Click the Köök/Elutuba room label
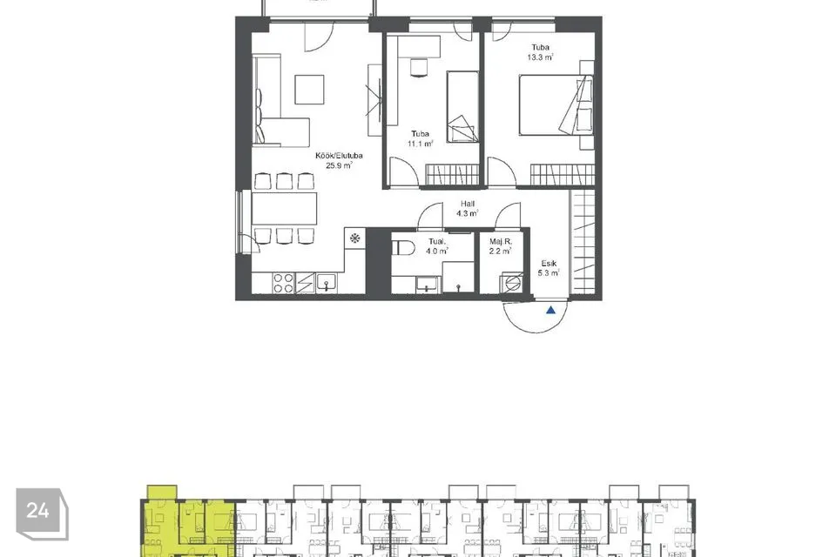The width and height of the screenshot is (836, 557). [339, 156]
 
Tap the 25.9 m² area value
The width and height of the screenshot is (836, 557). [339, 165]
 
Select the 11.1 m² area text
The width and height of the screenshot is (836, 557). [420, 144]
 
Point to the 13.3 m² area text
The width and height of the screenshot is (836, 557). [540, 57]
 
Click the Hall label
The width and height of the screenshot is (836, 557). [468, 204]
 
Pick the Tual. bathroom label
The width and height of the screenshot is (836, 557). [436, 241]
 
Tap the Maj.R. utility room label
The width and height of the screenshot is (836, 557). [501, 241]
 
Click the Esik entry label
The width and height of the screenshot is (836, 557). [549, 264]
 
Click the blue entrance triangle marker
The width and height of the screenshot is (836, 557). [550, 310]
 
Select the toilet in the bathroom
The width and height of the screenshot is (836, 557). [403, 248]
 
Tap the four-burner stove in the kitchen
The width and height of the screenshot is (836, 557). [283, 283]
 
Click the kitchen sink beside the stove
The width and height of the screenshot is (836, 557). [326, 283]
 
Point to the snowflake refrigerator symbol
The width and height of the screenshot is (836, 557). [354, 238]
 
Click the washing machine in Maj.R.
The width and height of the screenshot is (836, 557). [511, 283]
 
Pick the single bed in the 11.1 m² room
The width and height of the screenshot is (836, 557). [462, 106]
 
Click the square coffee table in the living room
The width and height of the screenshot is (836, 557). [309, 90]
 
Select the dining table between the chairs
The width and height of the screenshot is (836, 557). [284, 208]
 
